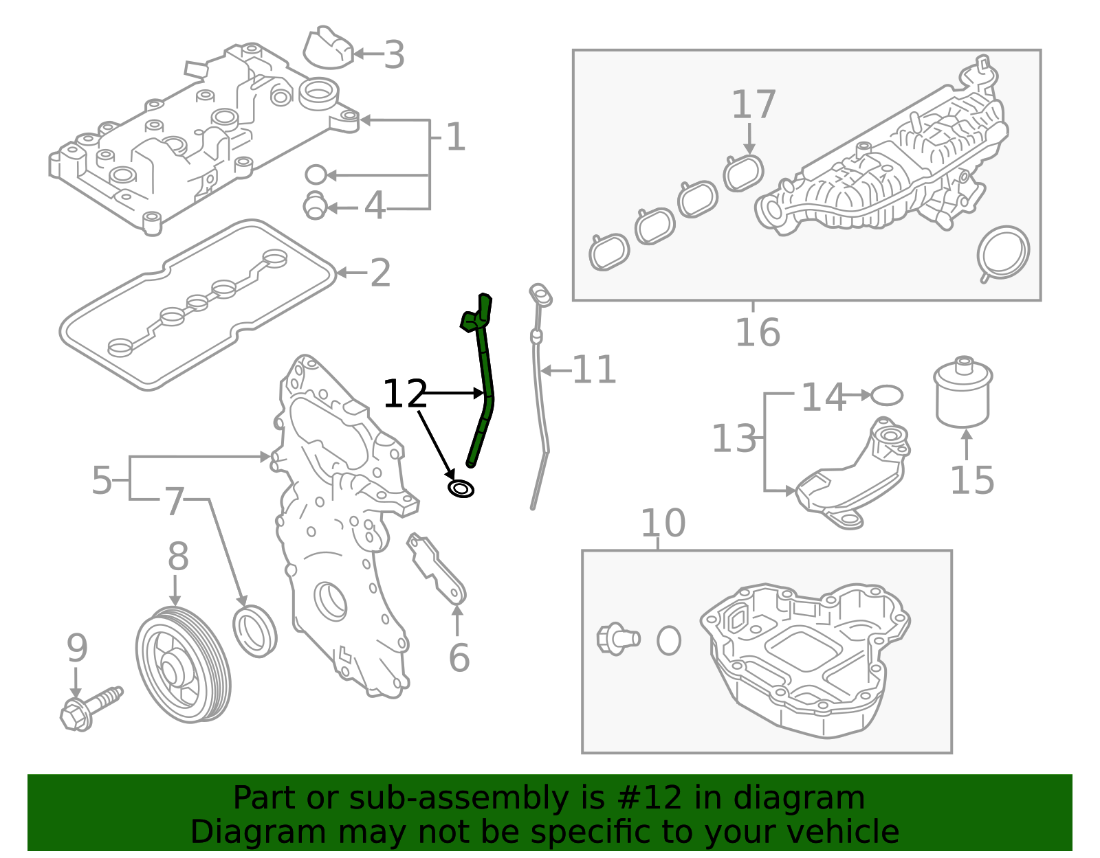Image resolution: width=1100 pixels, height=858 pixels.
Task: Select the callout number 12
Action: [405, 394]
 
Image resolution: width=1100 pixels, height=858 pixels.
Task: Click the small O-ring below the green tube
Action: [461, 489]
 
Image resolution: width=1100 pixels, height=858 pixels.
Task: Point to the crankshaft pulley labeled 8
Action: [183, 664]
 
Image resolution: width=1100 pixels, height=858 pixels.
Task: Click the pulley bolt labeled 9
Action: [89, 708]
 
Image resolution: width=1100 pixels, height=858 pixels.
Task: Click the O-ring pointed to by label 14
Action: [887, 396]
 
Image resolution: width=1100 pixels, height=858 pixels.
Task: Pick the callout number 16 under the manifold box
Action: [757, 332]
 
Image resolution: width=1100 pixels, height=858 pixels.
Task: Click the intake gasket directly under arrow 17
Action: [743, 172]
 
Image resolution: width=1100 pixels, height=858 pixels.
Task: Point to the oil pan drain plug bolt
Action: [617, 639]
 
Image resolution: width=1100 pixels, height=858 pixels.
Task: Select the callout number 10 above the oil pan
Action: [663, 523]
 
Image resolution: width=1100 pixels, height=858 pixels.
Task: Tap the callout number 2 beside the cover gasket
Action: [380, 273]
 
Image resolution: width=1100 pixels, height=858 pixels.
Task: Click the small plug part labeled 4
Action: [315, 205]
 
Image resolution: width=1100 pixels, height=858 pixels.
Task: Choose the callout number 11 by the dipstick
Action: [594, 370]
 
